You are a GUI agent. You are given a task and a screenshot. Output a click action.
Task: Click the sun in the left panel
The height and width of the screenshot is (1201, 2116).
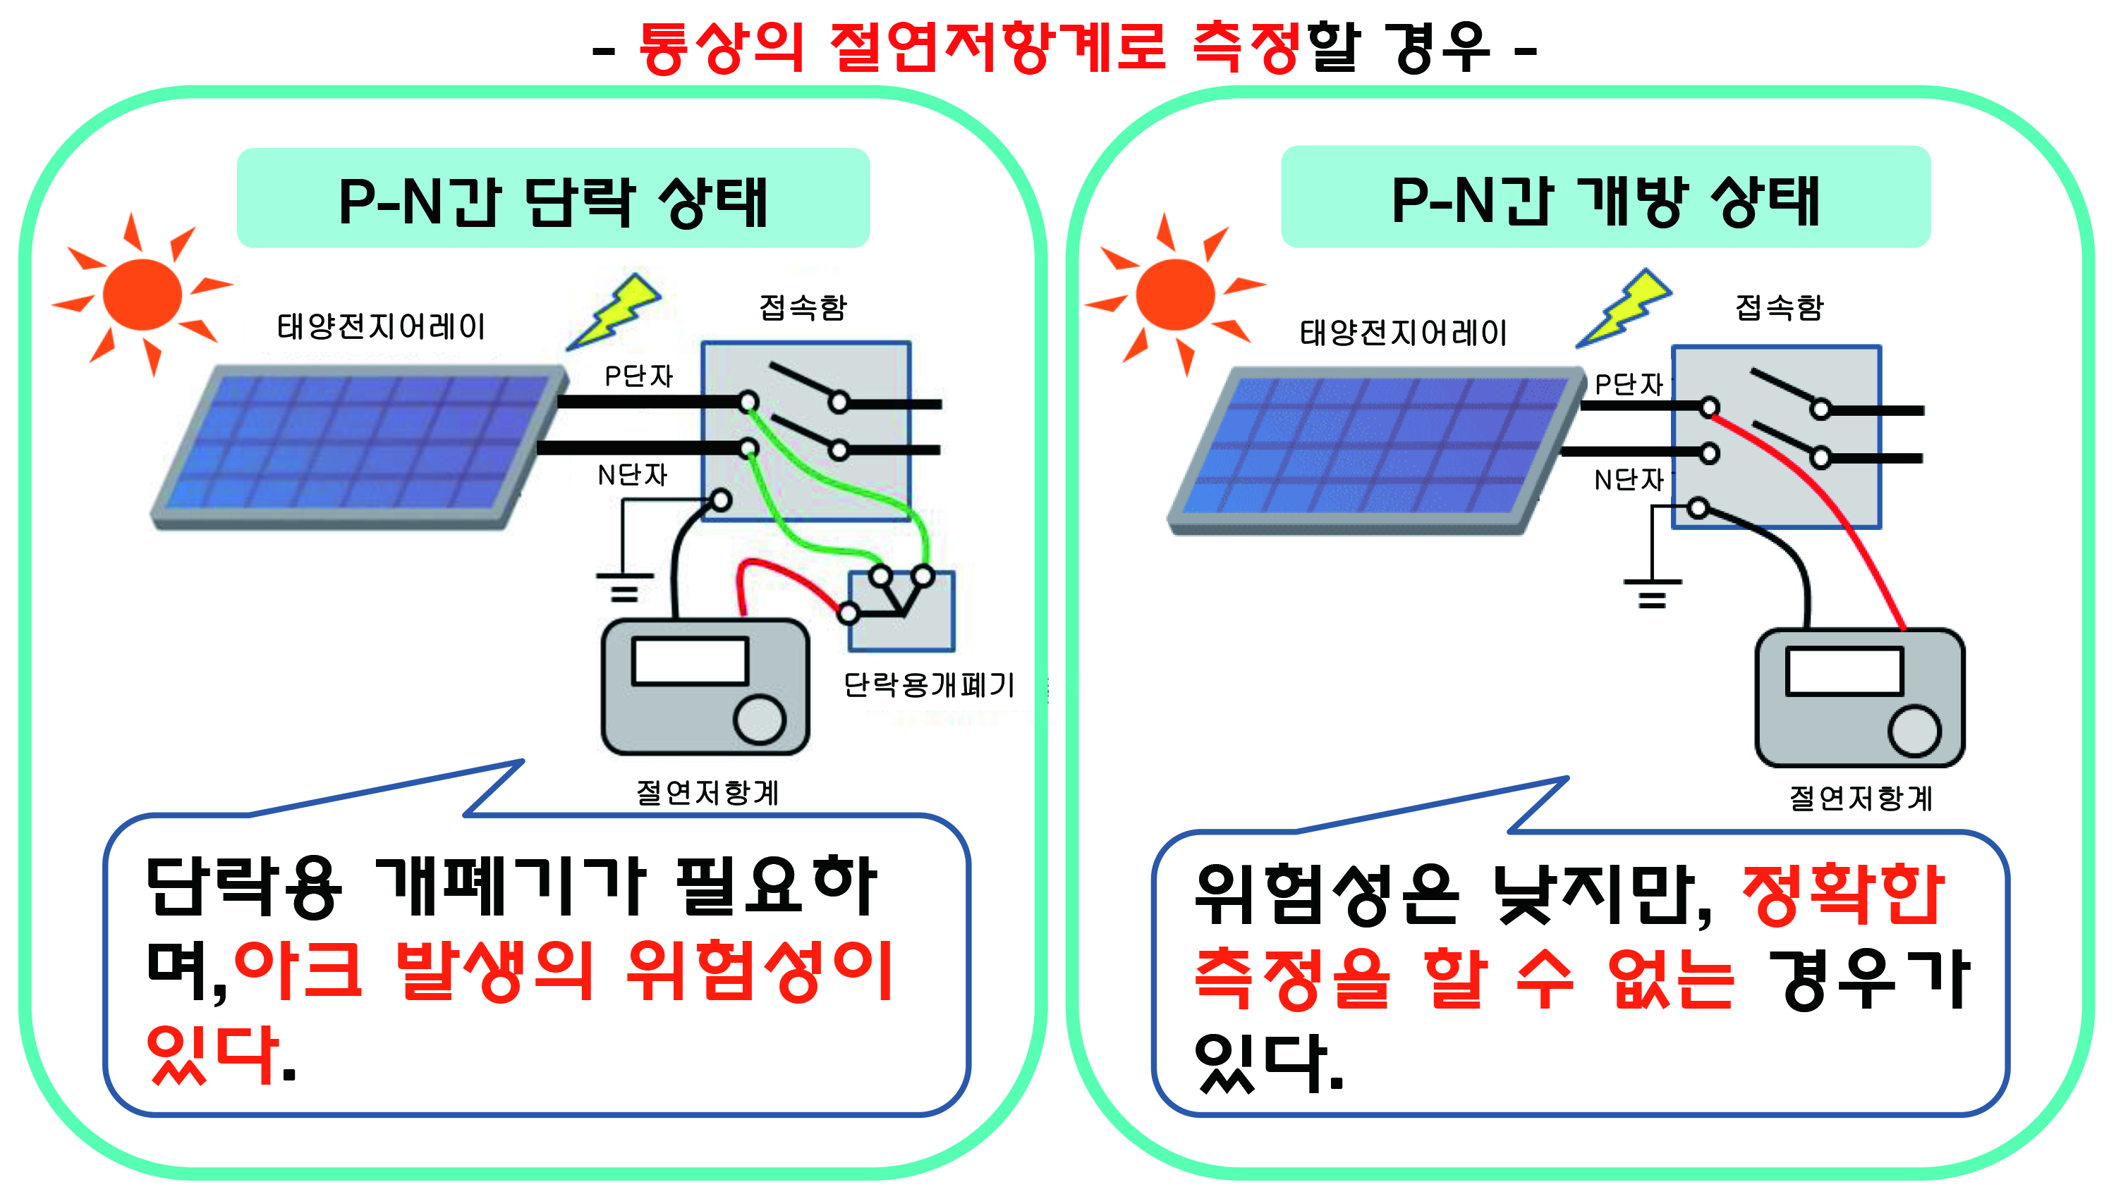[x=142, y=294]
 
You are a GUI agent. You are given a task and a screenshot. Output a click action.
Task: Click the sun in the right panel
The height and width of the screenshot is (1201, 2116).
[x=1175, y=294]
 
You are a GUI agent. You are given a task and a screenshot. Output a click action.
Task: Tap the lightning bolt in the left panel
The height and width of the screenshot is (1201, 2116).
[x=614, y=312]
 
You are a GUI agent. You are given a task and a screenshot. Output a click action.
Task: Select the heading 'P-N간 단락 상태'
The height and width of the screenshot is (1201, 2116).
[x=554, y=202]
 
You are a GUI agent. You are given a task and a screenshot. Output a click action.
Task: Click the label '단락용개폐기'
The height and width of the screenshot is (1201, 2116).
[x=928, y=684]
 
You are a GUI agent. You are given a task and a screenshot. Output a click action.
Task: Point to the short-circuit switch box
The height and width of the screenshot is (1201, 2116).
[x=901, y=610]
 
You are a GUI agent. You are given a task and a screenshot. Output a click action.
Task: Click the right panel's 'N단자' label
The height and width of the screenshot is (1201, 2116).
[x=1629, y=479]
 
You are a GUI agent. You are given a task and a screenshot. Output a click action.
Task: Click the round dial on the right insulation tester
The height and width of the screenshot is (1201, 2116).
[x=1914, y=731]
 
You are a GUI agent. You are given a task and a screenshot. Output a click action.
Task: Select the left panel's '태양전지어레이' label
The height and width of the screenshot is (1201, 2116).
[x=382, y=326]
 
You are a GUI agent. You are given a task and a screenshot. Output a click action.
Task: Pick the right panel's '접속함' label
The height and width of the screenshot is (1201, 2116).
[x=1780, y=308]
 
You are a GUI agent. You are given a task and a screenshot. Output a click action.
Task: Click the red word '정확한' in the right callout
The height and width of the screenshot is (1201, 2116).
[x=1843, y=895]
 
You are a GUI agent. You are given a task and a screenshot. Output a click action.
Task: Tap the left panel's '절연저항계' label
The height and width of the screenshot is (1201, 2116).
[x=707, y=793]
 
